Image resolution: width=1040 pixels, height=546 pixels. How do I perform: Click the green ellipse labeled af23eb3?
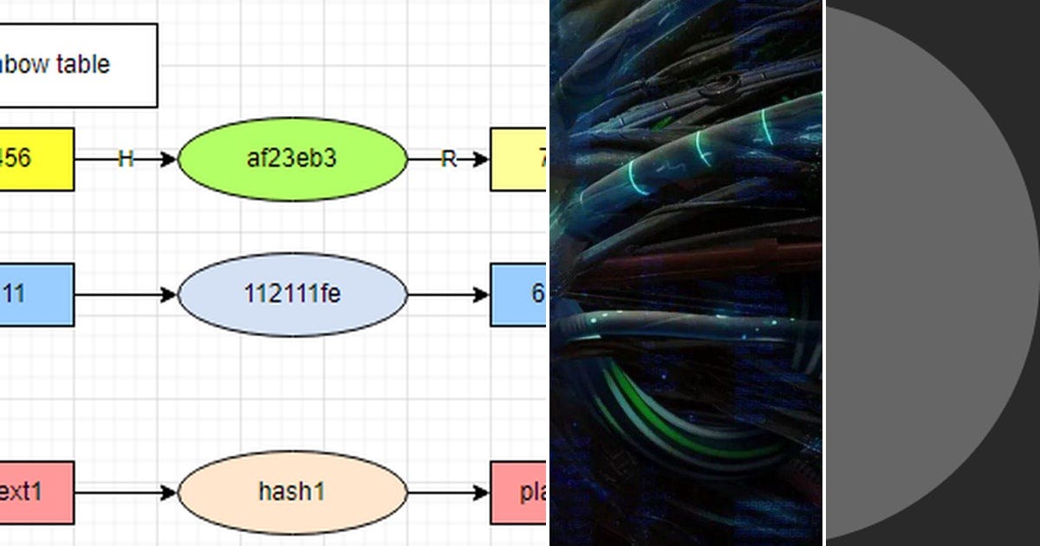(292, 159)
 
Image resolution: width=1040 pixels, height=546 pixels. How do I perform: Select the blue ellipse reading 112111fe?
(292, 295)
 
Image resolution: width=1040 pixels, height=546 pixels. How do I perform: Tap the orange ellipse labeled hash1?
(292, 492)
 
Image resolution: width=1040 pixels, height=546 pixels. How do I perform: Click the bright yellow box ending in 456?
(35, 159)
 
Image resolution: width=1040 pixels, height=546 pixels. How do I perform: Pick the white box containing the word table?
(78, 65)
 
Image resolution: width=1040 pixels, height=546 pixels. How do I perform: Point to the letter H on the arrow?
(126, 159)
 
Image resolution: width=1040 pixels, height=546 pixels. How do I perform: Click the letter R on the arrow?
(448, 159)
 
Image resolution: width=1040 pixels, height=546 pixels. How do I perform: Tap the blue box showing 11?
(35, 295)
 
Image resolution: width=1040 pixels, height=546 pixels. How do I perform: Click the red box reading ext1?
(35, 492)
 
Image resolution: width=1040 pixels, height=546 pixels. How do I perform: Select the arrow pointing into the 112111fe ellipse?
(126, 296)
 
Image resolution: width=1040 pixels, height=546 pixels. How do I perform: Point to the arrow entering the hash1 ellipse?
(126, 492)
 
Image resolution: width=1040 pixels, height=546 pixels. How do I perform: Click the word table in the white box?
(84, 64)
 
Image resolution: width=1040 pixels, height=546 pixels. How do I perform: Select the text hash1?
(292, 492)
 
